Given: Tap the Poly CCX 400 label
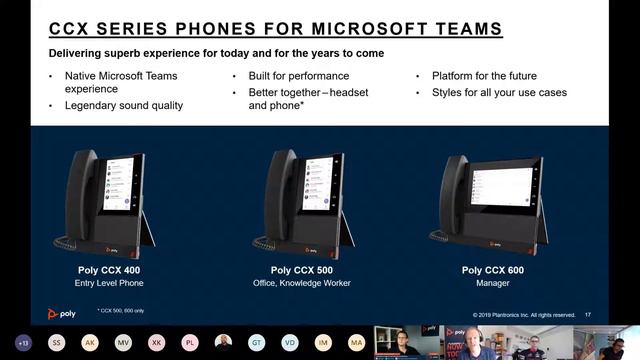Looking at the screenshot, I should coord(110,270).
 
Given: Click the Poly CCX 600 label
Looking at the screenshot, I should coord(494,270).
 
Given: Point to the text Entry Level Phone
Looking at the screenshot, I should coord(110,284).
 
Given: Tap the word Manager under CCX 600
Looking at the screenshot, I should coord(494,284).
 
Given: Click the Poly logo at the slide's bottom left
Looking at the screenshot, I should coord(62,313).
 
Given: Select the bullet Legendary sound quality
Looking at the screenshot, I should coord(124,106).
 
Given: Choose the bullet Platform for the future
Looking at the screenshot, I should coord(484,76).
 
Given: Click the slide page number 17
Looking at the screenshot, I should coord(587,314).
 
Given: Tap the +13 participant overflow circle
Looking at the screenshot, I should coord(24,342).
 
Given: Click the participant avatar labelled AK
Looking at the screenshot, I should coord(90,342).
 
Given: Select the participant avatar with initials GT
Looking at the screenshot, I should coord(257,342).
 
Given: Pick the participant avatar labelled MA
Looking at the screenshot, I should coord(356,342).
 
